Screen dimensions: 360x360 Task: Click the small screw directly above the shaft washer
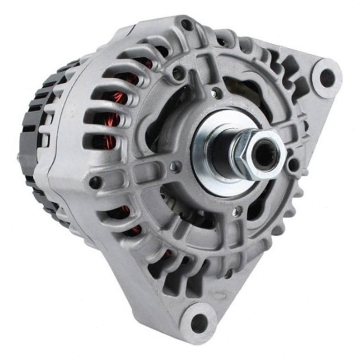[217, 94]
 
